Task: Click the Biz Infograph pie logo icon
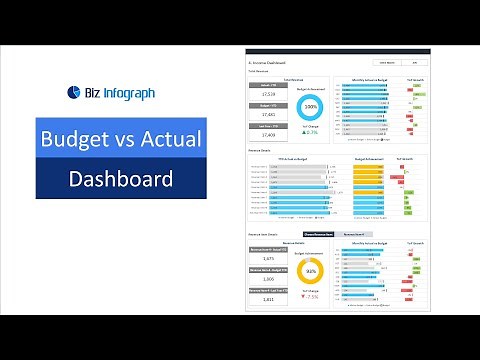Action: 73,92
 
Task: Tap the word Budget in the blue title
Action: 77,139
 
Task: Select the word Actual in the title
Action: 169,139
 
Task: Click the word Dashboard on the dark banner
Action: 120,179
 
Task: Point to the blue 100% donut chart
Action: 311,105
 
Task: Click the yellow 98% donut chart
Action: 311,271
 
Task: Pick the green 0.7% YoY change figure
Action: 311,133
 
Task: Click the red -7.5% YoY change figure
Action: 311,298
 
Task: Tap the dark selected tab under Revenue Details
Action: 317,234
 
